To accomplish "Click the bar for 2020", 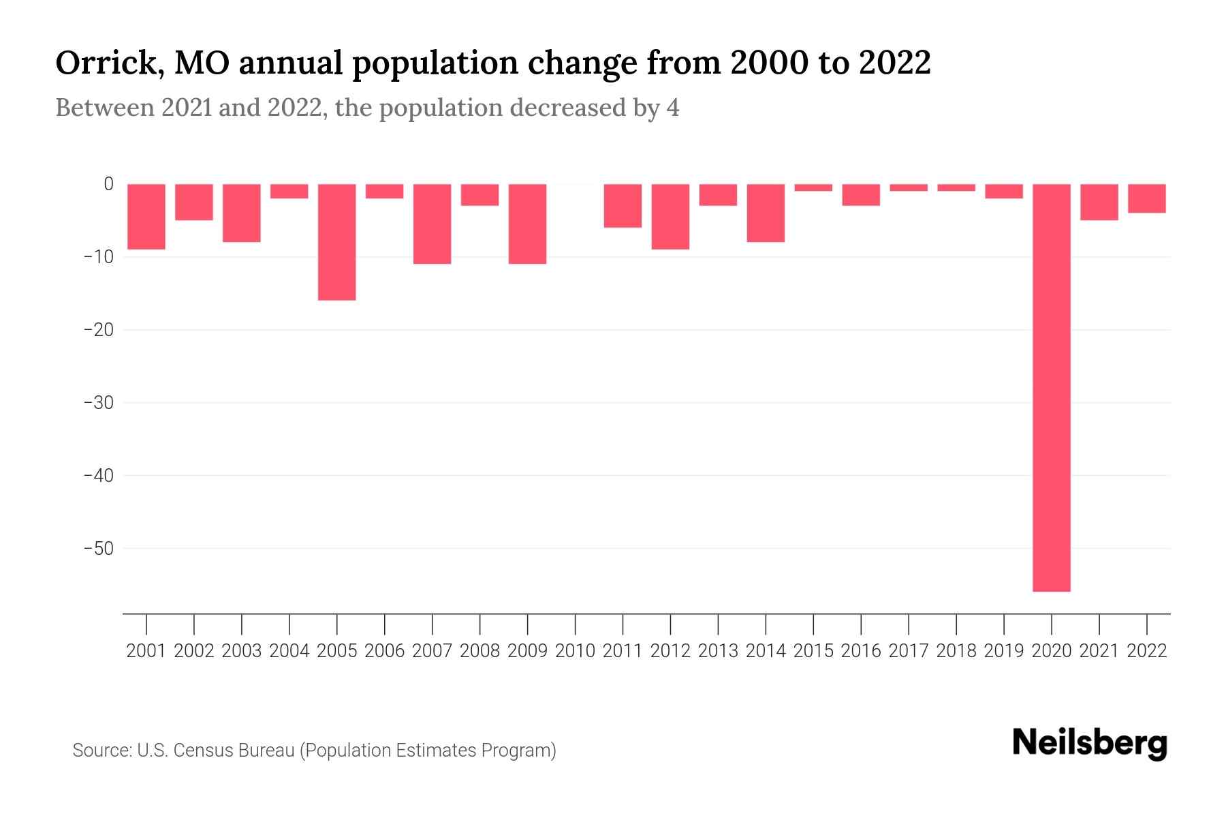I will [1051, 387].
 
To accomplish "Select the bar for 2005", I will [336, 242].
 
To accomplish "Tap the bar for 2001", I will [146, 217].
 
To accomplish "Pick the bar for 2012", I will [670, 217].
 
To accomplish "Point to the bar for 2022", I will [1146, 198].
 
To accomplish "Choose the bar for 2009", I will [527, 224].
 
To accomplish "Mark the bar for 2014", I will [766, 213].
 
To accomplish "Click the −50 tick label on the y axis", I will [98, 549].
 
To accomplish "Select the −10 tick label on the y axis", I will [98, 257].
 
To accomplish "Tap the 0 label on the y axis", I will [108, 184].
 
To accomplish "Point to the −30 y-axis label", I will [98, 403].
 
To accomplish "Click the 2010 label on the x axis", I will [575, 651].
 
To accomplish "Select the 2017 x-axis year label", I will [909, 651].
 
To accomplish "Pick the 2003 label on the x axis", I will [242, 651].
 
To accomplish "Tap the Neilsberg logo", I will [1090, 743].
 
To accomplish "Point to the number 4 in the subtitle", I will [672, 108].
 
